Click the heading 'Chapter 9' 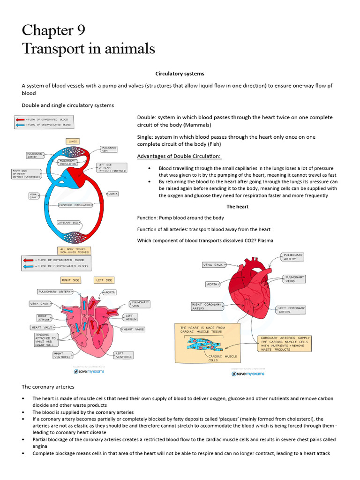point(53,30)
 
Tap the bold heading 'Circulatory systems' point(180,74)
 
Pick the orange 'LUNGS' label point(72,141)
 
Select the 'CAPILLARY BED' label point(67,223)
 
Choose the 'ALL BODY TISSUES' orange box point(74,250)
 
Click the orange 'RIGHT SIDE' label point(71,280)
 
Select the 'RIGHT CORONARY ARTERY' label point(207,307)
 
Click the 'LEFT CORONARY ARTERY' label point(291,310)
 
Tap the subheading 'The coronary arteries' point(48,387)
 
